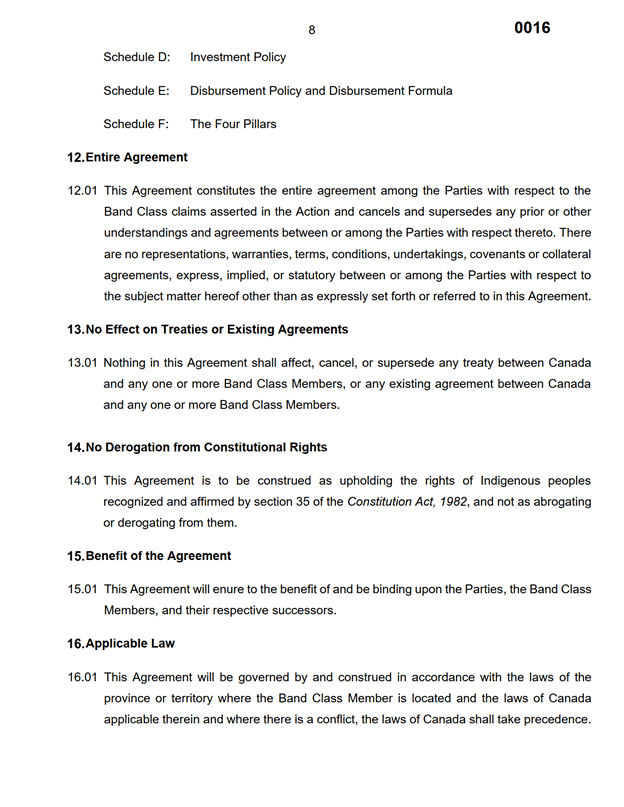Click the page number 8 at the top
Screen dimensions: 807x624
point(311,30)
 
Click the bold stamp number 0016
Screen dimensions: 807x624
point(532,28)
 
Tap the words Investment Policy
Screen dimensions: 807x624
point(238,57)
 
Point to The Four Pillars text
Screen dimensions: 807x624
point(233,124)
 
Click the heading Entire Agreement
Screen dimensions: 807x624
point(136,157)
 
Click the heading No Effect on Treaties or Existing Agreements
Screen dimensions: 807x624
point(217,329)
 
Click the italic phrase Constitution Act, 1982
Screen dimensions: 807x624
point(406,501)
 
